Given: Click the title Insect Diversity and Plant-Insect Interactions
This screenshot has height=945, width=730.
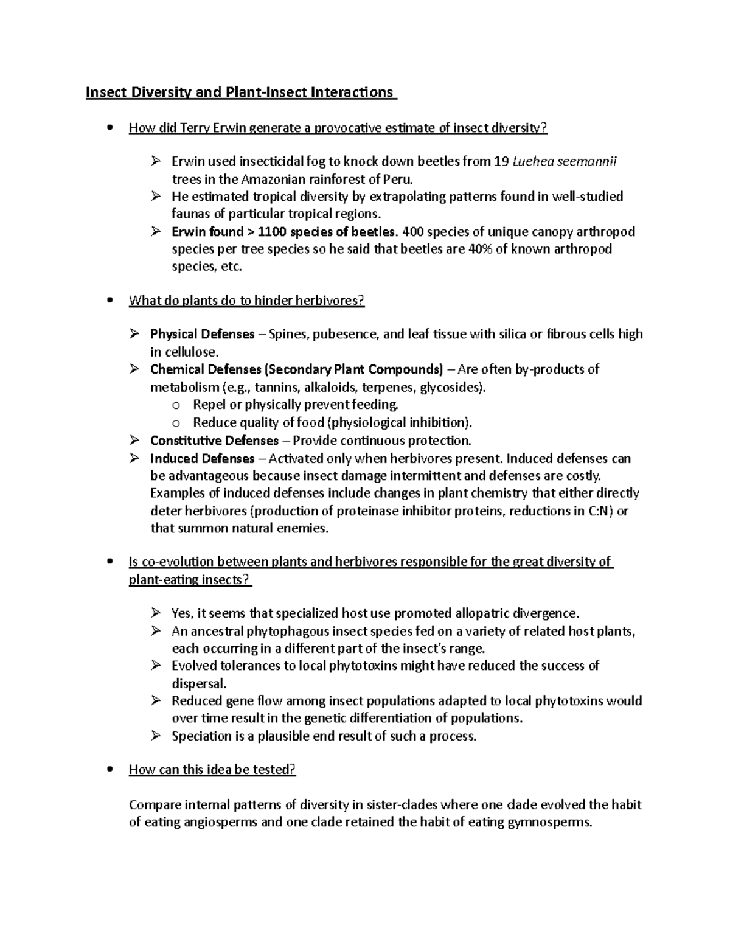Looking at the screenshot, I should click(240, 92).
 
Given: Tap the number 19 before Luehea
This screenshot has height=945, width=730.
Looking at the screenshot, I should click(500, 162).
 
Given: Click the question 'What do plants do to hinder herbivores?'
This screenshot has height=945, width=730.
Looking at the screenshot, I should click(246, 301).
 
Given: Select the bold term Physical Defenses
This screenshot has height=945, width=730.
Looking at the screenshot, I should click(202, 334).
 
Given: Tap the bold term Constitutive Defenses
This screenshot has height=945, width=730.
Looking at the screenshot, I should click(214, 441).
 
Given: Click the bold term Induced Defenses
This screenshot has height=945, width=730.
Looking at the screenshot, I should click(202, 458).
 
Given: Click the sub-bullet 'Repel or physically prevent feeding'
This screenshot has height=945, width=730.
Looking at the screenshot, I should click(295, 405).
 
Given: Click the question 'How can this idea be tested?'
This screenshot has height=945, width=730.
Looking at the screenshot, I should click(212, 770).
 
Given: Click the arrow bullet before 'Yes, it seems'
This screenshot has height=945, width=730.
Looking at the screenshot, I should click(156, 613).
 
